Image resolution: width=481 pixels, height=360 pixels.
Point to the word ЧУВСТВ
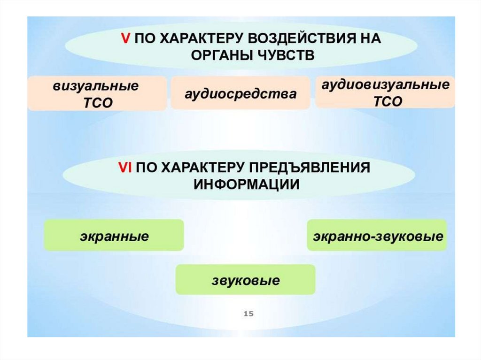point(287,55)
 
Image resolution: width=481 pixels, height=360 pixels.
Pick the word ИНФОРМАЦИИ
point(247,184)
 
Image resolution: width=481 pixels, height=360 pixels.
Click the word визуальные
point(96,86)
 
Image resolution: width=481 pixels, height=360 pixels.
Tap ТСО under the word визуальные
point(96,103)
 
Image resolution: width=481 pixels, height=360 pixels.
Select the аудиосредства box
point(240,93)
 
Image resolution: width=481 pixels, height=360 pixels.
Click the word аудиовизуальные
point(385,85)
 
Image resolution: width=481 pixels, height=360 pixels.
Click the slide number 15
point(248,313)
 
